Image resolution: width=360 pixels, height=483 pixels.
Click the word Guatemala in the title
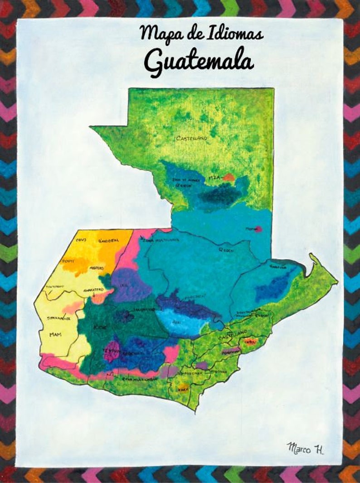(199, 63)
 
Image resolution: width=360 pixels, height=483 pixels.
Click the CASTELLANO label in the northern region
(191, 138)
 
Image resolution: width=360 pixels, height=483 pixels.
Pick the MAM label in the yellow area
(55, 335)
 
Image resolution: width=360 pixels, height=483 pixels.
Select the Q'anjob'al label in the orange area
(109, 240)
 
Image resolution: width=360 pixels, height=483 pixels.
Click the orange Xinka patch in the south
(183, 388)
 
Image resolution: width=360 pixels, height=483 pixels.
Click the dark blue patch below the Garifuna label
(272, 288)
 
